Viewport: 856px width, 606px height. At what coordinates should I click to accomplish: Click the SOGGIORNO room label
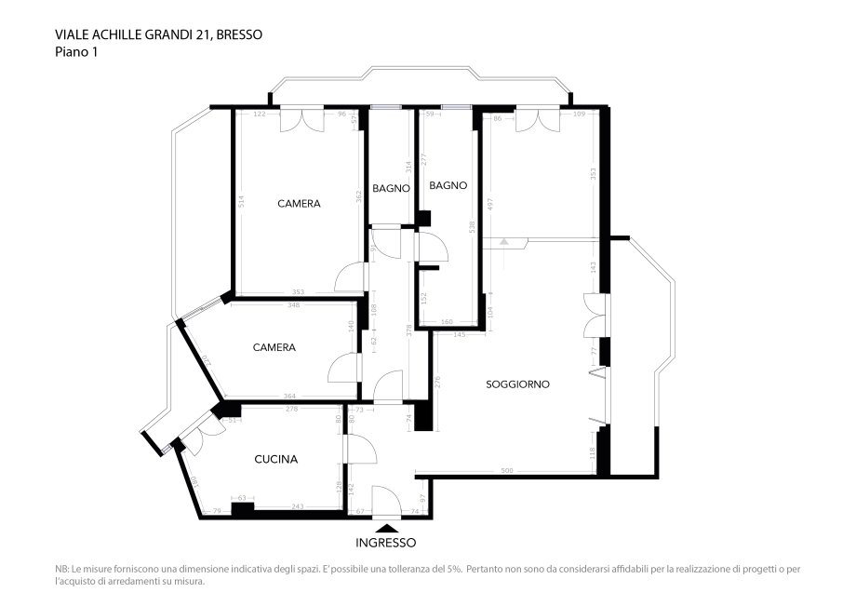pos(517,384)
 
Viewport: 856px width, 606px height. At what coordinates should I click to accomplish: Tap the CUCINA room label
pos(276,459)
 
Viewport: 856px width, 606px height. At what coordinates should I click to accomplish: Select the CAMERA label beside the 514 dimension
pos(299,203)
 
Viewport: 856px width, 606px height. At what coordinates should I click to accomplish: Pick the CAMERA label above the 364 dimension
pos(274,347)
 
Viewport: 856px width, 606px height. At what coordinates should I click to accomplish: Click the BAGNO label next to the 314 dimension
pos(392,188)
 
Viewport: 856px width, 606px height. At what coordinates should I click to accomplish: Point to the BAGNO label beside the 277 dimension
pos(448,185)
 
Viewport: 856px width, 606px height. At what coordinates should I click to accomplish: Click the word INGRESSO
pos(386,542)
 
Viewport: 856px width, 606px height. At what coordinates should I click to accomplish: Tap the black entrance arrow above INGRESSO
pos(386,528)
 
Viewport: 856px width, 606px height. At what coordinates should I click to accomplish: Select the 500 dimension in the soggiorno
pos(507,471)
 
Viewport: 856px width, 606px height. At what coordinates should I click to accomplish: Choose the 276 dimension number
pos(437,382)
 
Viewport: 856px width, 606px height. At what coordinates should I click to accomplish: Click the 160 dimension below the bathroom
pos(447,323)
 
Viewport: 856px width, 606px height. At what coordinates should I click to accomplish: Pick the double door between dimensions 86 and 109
pos(538,120)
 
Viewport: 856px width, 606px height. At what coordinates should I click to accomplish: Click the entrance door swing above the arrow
pos(385,501)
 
